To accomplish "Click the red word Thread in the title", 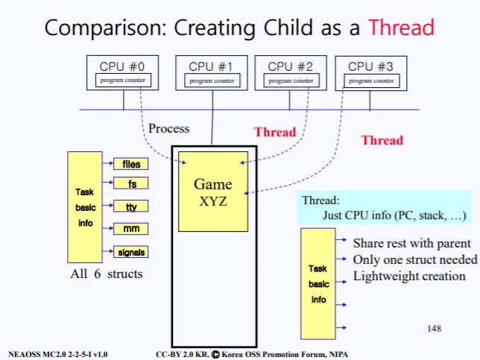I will pyautogui.click(x=401, y=28).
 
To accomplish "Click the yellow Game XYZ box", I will pyautogui.click(x=212, y=192).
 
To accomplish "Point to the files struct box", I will pyautogui.click(x=131, y=164).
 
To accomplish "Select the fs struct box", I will pyautogui.click(x=131, y=183).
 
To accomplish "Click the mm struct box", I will pyautogui.click(x=131, y=229).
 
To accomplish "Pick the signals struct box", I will pyautogui.click(x=131, y=252).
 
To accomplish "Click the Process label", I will pyautogui.click(x=168, y=128).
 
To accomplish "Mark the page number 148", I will pyautogui.click(x=434, y=328).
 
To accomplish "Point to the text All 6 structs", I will pyautogui.click(x=107, y=274).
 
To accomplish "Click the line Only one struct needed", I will pyautogui.click(x=414, y=259).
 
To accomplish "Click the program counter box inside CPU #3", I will pyautogui.click(x=371, y=80).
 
